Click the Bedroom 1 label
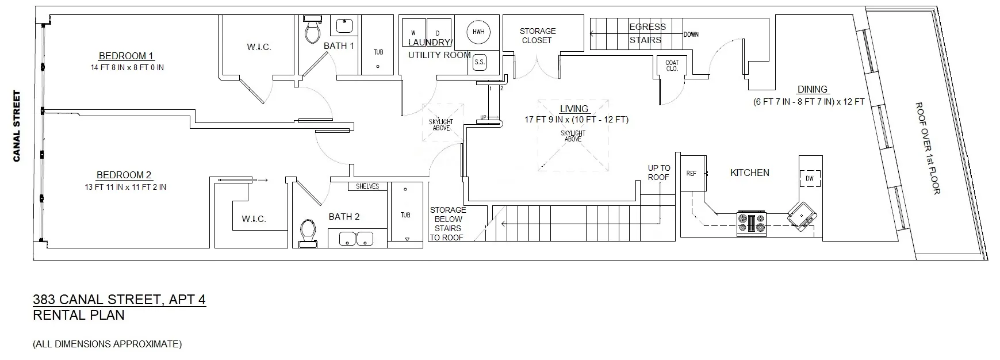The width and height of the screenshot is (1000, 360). pyautogui.click(x=126, y=56)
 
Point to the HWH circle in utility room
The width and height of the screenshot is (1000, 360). pyautogui.click(x=478, y=32)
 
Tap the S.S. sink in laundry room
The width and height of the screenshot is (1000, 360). pyautogui.click(x=479, y=62)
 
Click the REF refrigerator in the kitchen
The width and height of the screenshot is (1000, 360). pyautogui.click(x=692, y=173)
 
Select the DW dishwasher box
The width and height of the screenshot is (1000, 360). pyautogui.click(x=810, y=178)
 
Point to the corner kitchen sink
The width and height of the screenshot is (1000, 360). pyautogui.click(x=801, y=216)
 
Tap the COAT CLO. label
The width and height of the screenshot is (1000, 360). pyautogui.click(x=672, y=66)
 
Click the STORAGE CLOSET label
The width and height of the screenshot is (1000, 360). pyautogui.click(x=537, y=36)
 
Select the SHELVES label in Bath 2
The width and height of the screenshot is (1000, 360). pyautogui.click(x=367, y=186)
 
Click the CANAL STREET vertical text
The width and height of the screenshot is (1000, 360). pyautogui.click(x=17, y=127)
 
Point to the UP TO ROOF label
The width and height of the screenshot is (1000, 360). pyautogui.click(x=658, y=173)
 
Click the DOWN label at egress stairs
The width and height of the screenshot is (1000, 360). pyautogui.click(x=691, y=35)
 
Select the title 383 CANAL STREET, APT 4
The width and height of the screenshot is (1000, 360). pyautogui.click(x=119, y=300)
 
